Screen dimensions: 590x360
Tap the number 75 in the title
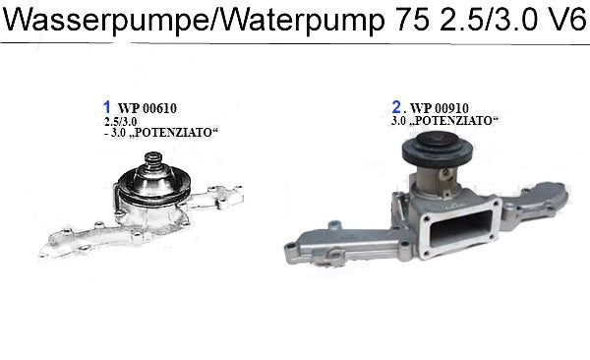[412, 20]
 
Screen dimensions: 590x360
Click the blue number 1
[107, 107]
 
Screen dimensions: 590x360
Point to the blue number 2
[396, 107]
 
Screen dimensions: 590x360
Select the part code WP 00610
[147, 108]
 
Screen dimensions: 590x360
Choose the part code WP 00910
[440, 108]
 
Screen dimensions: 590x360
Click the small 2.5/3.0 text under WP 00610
[120, 121]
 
